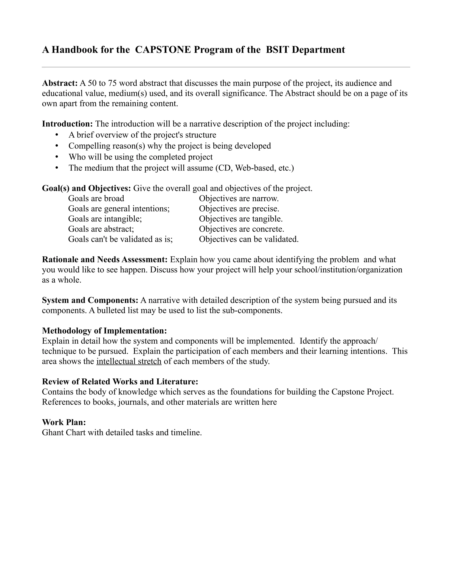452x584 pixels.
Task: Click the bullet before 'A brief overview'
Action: coord(56,135)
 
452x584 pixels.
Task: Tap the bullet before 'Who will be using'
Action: coord(56,157)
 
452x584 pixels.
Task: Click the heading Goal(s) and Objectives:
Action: coord(87,188)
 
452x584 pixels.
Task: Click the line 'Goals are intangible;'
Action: coord(105,219)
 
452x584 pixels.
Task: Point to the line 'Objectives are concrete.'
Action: coord(241,229)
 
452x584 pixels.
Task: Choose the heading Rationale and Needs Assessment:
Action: coord(105,259)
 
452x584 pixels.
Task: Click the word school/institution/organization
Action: coord(348,270)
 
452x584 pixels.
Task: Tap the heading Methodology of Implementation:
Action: coord(104,331)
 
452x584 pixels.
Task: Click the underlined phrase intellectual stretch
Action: coord(129,361)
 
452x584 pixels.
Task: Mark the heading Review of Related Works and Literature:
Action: coord(120,381)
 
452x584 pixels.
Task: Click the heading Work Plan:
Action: coord(64,422)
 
